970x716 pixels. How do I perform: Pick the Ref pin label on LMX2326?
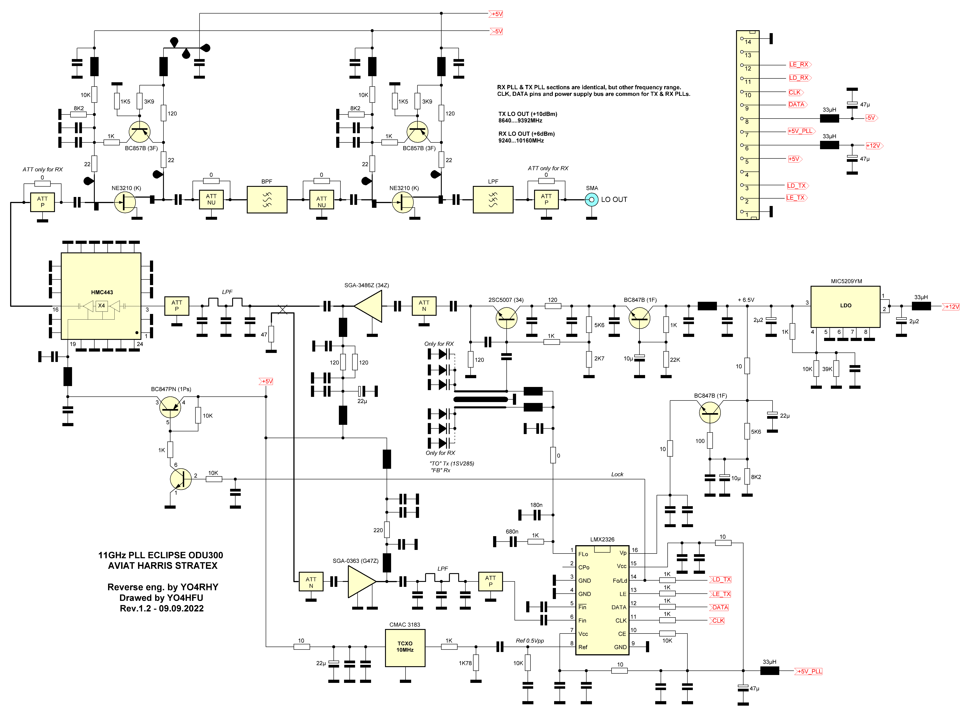point(583,647)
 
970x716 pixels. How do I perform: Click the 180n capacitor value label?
point(536,505)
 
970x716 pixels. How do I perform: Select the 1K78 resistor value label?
point(465,663)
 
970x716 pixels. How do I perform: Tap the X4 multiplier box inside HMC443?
point(101,306)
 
